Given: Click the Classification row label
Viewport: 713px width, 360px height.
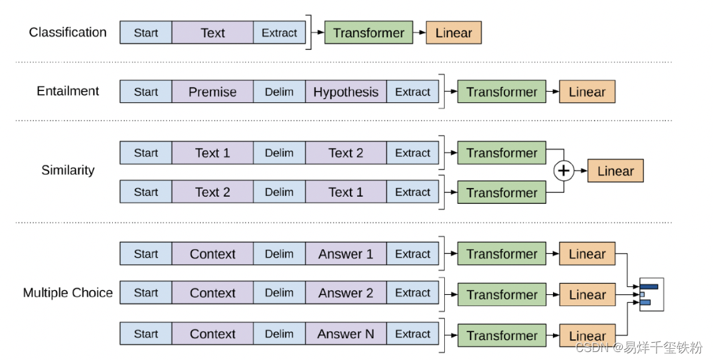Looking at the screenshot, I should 68,33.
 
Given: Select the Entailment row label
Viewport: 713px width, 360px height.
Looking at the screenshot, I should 68,92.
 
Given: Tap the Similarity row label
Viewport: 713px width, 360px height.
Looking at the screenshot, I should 68,171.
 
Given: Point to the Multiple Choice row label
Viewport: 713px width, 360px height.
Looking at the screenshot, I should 68,293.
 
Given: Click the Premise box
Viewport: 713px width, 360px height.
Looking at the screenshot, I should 212,92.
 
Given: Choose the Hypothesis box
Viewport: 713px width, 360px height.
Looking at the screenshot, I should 346,92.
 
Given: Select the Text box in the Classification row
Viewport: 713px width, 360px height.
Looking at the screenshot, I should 212,33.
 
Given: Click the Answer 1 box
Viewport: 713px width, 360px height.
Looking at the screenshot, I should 346,254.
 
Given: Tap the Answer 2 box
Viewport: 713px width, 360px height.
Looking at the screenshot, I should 346,293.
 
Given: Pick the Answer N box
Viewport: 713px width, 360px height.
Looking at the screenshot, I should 346,334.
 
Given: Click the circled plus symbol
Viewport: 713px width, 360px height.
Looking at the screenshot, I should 564,171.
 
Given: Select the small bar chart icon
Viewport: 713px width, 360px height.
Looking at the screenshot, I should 651,294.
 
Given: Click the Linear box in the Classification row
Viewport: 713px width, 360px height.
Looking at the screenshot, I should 453,33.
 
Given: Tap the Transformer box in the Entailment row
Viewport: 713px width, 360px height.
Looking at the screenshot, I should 502,92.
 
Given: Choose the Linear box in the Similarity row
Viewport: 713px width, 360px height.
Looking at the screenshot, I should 615,171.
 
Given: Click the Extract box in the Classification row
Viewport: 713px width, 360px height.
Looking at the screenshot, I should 279,33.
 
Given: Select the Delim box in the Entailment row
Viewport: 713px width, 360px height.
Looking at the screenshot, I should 279,92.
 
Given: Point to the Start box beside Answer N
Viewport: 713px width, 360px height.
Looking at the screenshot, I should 146,334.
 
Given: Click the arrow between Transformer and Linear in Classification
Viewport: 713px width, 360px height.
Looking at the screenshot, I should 420,33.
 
